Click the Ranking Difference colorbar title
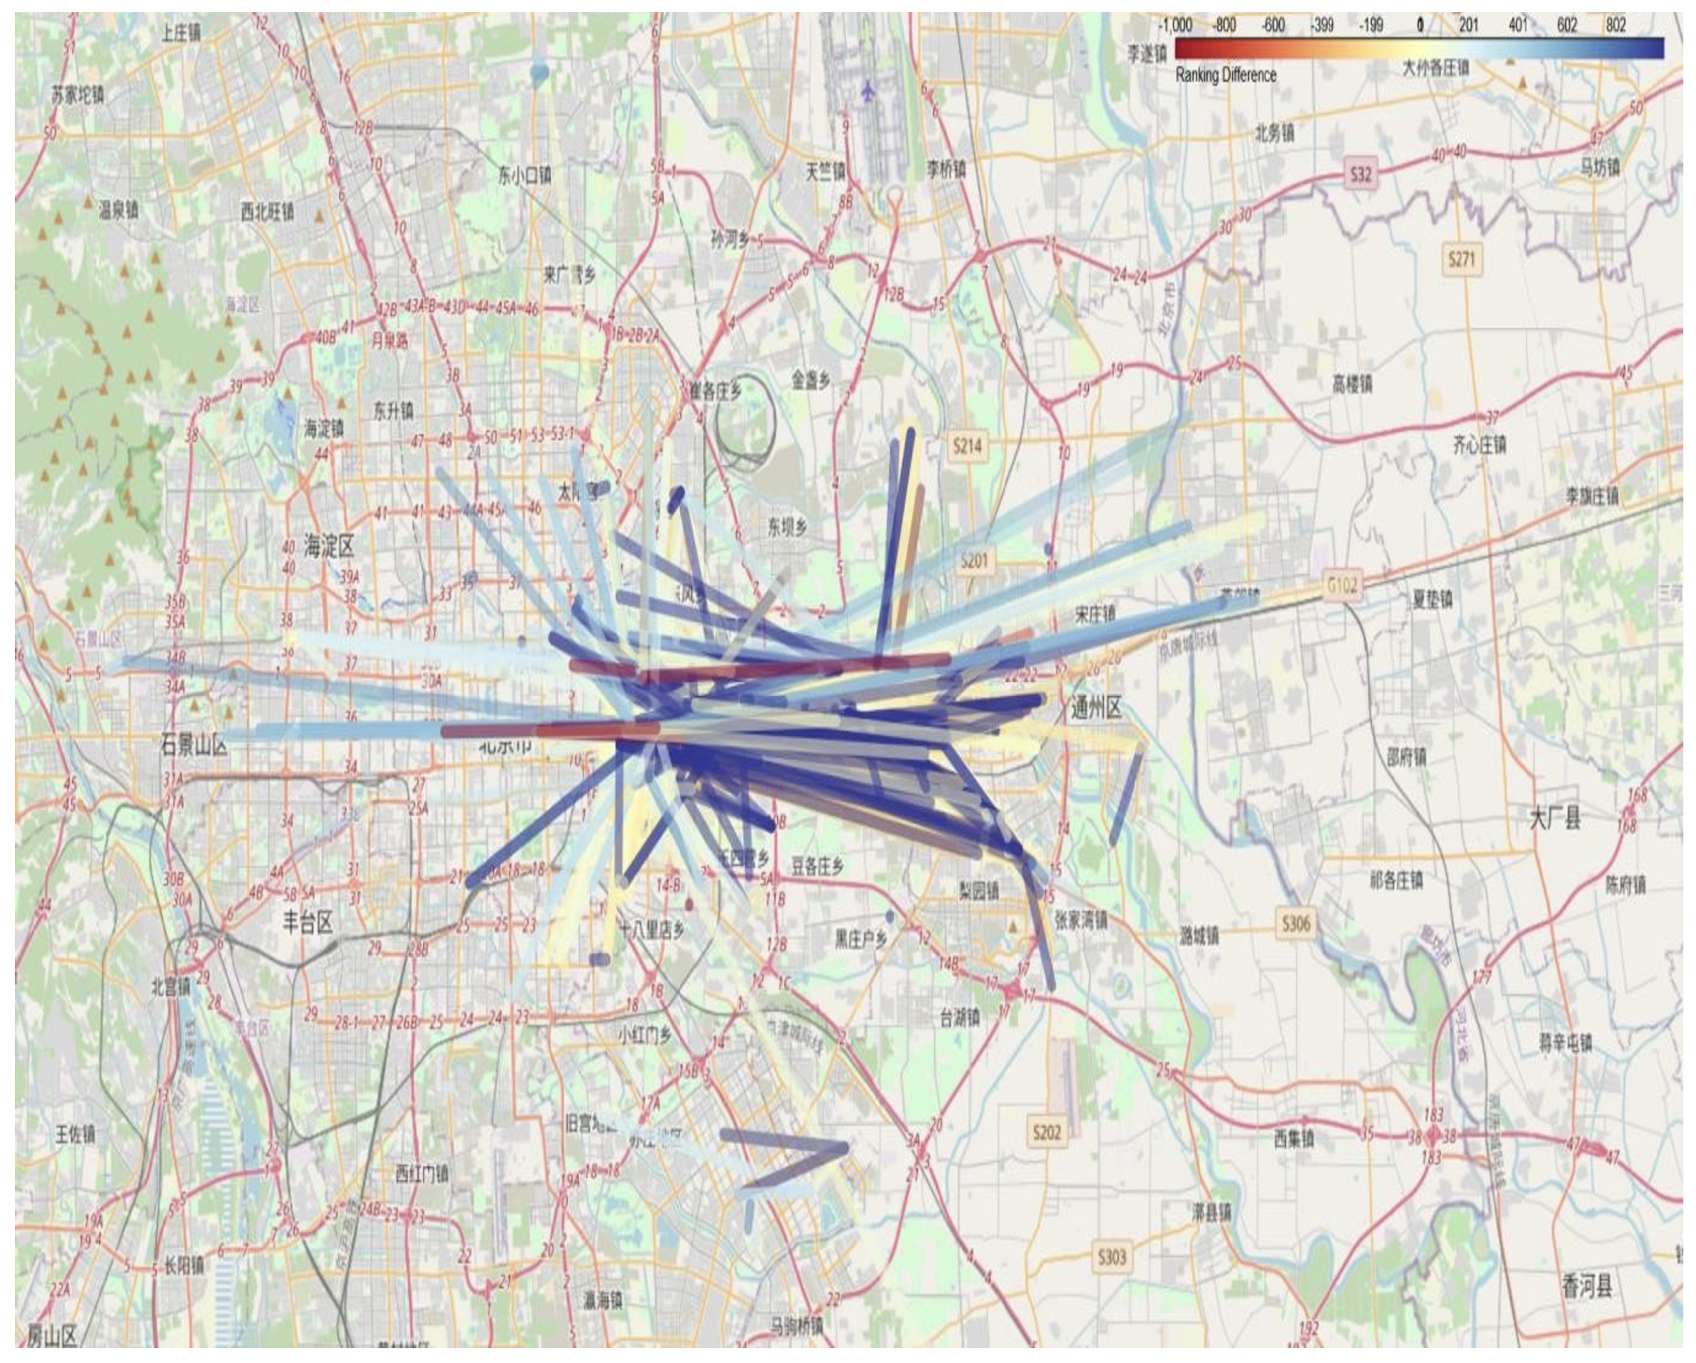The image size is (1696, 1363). click(1226, 76)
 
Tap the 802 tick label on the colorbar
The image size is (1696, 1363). click(1616, 25)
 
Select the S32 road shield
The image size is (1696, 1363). click(1360, 174)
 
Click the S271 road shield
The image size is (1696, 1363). click(1462, 259)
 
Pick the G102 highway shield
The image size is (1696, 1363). click(1341, 585)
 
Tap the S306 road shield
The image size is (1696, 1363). click(1295, 923)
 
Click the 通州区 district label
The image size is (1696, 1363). click(1095, 709)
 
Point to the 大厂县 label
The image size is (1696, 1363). click(1554, 819)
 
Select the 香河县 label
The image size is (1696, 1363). click(1587, 1286)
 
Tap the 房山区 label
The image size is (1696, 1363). click(52, 1335)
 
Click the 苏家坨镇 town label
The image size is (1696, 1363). click(77, 95)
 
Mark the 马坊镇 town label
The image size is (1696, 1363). click(1600, 167)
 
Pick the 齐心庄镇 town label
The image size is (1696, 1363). click(1479, 445)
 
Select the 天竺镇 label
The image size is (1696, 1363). click(825, 172)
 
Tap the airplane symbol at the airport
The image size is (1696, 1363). click(869, 91)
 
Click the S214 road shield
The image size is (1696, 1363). click(967, 446)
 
